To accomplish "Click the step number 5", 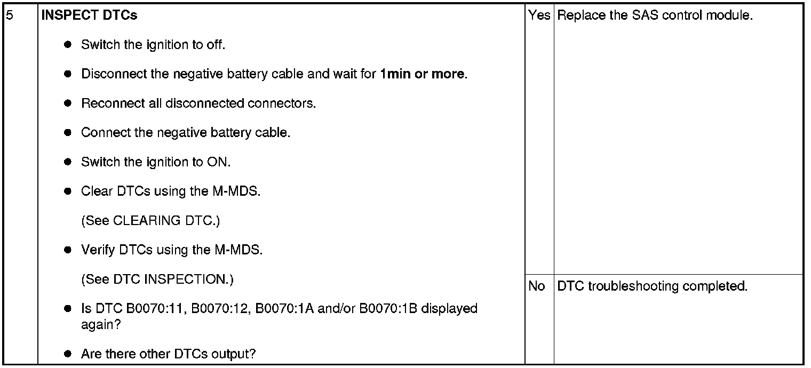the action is click(10, 15).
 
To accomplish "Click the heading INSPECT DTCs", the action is click(89, 15).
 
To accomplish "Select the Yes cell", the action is click(539, 15).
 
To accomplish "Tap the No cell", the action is click(536, 286).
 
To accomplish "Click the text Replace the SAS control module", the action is click(654, 15).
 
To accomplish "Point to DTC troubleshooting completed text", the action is click(652, 286).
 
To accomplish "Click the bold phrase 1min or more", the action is click(423, 74).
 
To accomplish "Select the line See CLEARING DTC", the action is click(150, 220).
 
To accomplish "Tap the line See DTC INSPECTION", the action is click(157, 279).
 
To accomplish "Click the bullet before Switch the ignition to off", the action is click(68, 45).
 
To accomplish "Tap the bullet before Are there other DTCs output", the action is click(68, 354).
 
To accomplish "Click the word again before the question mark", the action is click(97, 325).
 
